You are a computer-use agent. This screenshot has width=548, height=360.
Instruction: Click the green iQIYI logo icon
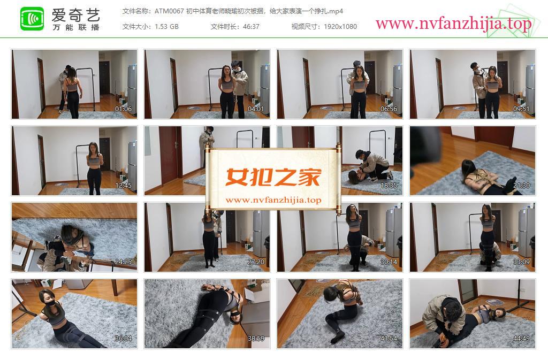click(x=32, y=19)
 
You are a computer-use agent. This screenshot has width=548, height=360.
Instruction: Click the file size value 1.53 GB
click(x=167, y=27)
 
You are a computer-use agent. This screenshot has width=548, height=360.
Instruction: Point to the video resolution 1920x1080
click(x=340, y=27)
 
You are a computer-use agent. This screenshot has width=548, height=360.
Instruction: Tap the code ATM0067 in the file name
click(x=169, y=11)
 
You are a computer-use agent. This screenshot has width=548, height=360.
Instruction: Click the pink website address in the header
click(x=453, y=24)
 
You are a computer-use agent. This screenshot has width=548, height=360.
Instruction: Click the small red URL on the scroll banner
click(x=273, y=200)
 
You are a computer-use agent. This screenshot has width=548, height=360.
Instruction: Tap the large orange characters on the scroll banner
click(x=273, y=177)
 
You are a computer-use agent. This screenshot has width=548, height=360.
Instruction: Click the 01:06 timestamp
click(x=124, y=109)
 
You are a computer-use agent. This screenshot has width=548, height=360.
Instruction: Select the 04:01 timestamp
click(x=256, y=109)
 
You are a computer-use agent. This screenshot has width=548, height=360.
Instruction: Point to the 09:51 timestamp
click(x=521, y=109)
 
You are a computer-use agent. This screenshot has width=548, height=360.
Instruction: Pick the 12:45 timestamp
click(x=124, y=186)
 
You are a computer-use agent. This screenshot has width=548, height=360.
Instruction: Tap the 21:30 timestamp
click(x=521, y=186)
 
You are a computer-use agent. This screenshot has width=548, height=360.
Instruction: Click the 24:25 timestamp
click(x=124, y=262)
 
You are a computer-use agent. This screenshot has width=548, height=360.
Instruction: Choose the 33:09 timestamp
click(x=521, y=262)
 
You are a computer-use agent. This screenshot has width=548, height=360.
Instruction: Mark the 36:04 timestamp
click(x=124, y=339)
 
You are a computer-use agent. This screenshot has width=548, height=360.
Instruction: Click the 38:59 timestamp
click(x=256, y=339)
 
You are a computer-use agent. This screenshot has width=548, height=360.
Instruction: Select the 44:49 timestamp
click(x=521, y=339)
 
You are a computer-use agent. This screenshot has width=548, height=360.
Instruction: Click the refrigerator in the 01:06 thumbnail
click(x=132, y=84)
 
